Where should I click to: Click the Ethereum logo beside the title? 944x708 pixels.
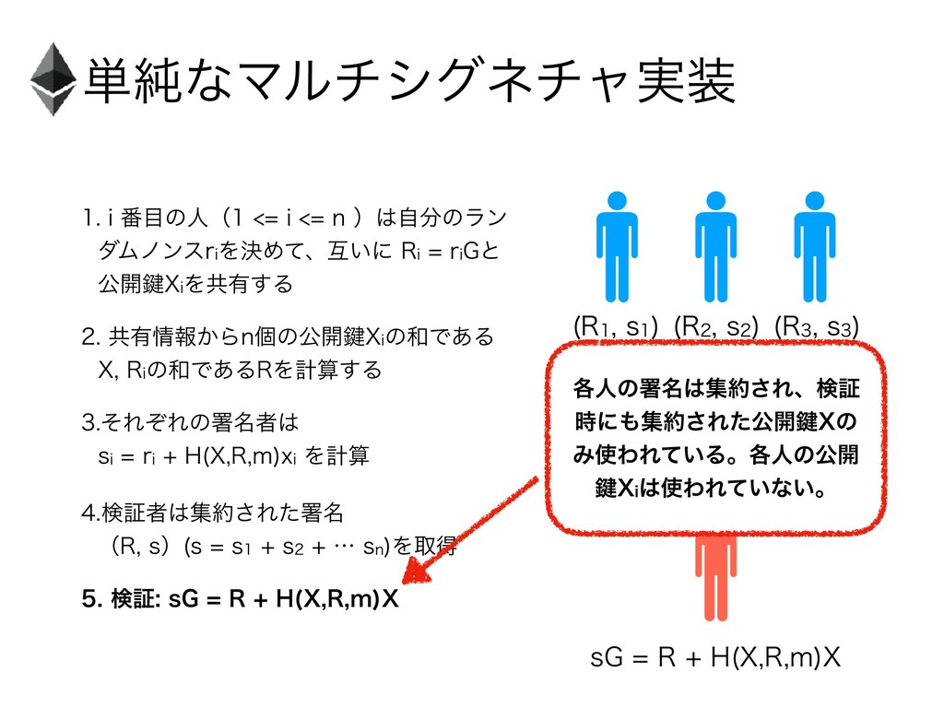[x=52, y=78]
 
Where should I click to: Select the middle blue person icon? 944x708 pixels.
[x=714, y=244]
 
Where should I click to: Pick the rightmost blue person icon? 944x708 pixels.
[x=814, y=244]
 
